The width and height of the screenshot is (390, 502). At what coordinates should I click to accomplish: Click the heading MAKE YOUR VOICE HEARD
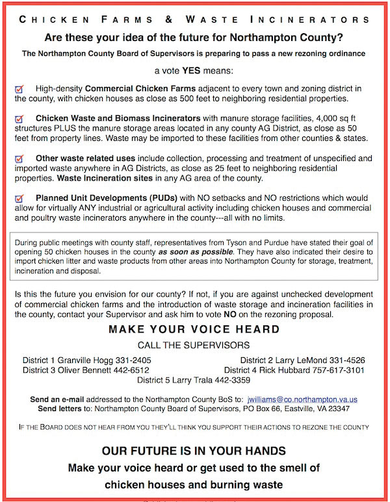(194, 329)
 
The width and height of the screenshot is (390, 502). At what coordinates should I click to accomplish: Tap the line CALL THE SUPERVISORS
(194, 345)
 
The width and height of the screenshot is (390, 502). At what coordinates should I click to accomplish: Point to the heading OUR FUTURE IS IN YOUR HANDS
(194, 451)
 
